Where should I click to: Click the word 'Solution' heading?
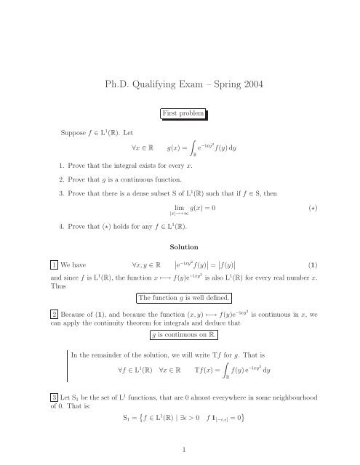180,248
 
